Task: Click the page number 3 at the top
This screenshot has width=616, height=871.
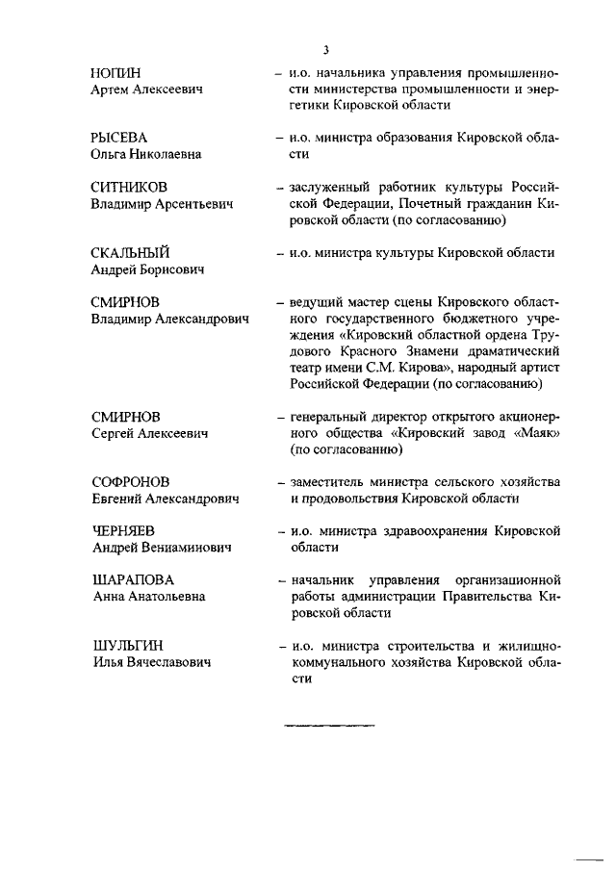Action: [326, 50]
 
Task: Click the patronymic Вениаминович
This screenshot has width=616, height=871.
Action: [189, 548]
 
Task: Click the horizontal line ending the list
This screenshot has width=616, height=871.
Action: [326, 725]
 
